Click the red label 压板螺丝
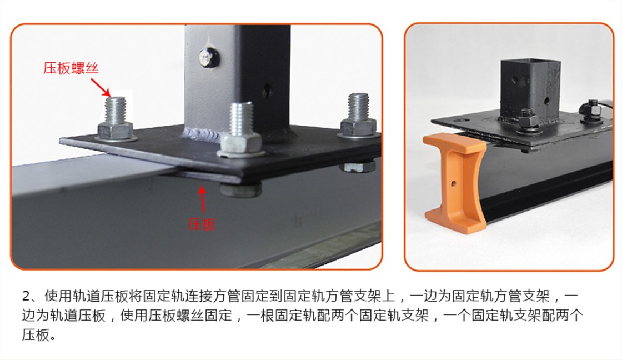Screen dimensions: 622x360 (71, 68)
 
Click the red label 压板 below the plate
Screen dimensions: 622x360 (202, 224)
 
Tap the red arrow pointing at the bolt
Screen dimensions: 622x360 (101, 87)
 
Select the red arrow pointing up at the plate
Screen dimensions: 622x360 (203, 201)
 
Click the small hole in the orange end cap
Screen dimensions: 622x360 (453, 184)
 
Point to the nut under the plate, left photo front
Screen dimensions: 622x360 (241, 189)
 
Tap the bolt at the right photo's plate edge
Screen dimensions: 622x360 (591, 110)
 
